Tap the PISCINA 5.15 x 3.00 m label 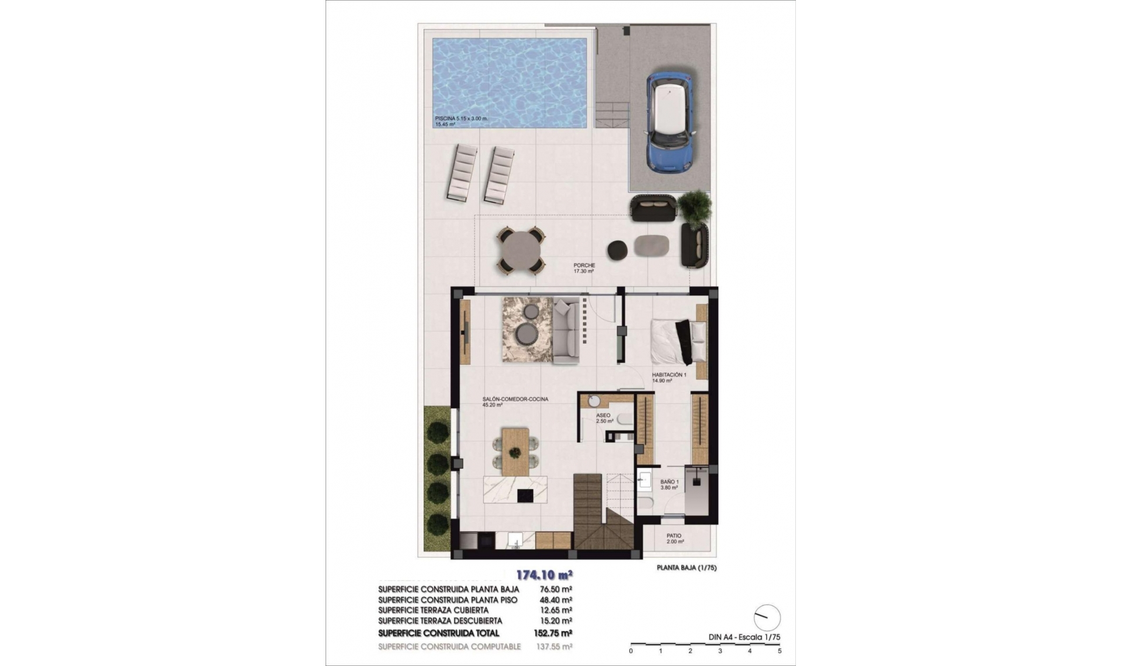(x=461, y=119)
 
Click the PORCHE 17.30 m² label (x=584, y=268)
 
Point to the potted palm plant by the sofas (x=695, y=207)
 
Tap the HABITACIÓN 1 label (x=669, y=375)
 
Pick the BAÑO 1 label (x=669, y=482)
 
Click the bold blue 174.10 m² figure (x=544, y=575)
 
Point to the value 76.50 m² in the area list (x=555, y=589)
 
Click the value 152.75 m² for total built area (x=553, y=633)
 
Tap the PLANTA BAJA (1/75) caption (x=686, y=568)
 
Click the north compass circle (x=767, y=618)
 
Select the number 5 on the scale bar (x=780, y=651)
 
